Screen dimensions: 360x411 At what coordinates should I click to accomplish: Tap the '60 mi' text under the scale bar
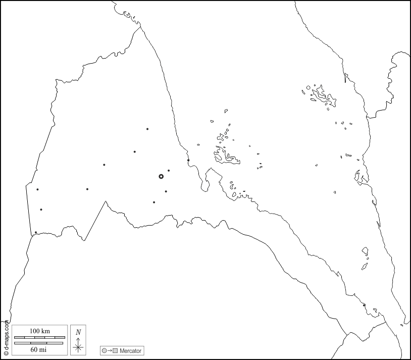coord(38,349)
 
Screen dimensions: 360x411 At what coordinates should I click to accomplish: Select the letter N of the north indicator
coord(78,332)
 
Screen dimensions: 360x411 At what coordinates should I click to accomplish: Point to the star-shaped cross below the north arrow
coord(78,347)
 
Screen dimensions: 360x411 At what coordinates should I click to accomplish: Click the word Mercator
coord(130,350)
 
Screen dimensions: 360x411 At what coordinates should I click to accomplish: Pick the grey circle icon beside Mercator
coord(104,350)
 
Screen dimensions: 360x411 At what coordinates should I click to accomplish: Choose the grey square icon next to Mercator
coord(115,350)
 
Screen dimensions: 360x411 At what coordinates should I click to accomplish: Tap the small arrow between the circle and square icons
coord(110,350)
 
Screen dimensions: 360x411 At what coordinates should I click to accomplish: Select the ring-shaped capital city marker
coord(161,176)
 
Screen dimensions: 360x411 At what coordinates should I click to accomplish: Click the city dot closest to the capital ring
coord(169,171)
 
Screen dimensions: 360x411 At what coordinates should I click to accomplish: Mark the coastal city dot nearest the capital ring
coord(188,161)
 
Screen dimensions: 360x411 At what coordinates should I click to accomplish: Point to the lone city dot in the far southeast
coord(364,305)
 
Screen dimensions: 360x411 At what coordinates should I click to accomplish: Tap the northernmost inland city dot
coord(147,129)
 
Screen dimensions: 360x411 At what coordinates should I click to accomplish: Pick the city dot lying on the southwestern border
coord(36,232)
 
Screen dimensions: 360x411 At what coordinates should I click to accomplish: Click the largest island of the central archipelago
coord(228,158)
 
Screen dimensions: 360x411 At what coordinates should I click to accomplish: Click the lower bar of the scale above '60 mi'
coord(38,343)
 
